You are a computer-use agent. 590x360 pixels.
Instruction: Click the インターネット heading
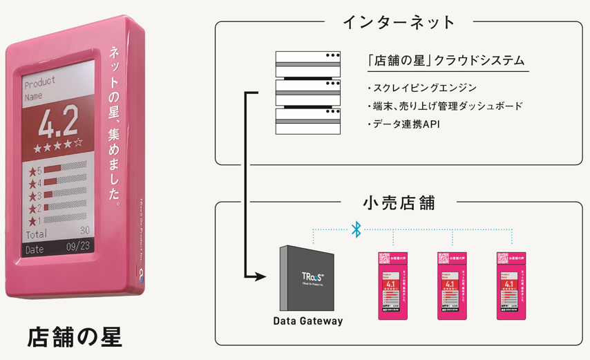pyautogui.click(x=399, y=23)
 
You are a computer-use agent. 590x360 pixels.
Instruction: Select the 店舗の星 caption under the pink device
pyautogui.click(x=75, y=337)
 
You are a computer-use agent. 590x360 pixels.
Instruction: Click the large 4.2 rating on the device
pyautogui.click(x=58, y=124)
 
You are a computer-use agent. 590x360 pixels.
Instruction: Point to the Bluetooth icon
pyautogui.click(x=356, y=229)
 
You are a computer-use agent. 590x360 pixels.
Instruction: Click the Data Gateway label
pyautogui.click(x=307, y=321)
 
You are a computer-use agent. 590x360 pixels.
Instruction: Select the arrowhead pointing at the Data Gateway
pyautogui.click(x=260, y=278)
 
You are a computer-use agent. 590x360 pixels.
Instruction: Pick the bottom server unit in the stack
pyautogui.click(x=308, y=122)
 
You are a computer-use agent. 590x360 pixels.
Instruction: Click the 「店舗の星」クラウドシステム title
pyautogui.click(x=446, y=61)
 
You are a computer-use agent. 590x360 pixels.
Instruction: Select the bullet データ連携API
pyautogui.click(x=407, y=124)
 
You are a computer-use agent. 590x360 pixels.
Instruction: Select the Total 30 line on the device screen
pyautogui.click(x=57, y=234)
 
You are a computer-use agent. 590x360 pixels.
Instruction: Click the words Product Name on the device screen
pyautogui.click(x=40, y=90)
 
